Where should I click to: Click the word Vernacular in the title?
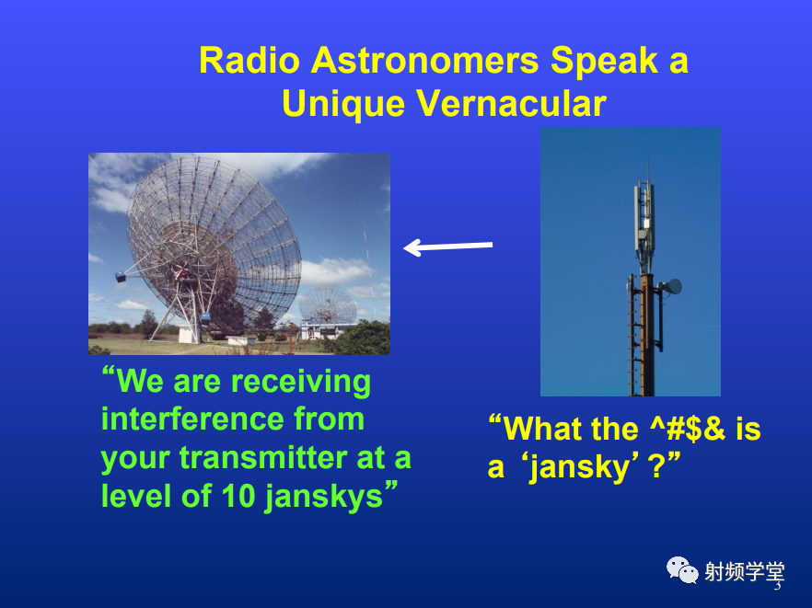511,104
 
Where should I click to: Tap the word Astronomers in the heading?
425,61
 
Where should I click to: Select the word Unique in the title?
343,105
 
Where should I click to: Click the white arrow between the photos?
448,247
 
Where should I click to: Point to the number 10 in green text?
238,495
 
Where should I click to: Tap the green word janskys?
324,498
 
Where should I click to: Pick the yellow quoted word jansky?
583,468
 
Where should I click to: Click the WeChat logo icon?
682,569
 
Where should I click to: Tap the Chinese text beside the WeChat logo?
745,572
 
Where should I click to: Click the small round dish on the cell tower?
673,286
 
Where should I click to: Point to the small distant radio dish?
328,305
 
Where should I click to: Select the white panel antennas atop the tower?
644,212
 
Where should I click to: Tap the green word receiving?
301,383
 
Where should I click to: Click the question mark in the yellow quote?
656,466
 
